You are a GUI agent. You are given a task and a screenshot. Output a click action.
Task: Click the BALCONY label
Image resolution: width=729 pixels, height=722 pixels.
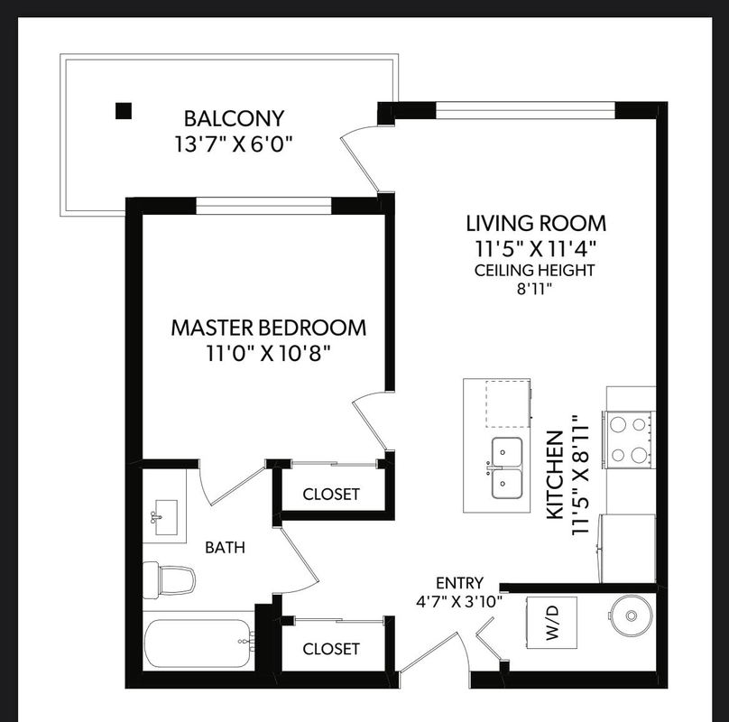tap(234, 118)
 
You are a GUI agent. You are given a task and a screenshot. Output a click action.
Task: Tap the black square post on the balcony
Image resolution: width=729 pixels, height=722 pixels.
tap(124, 111)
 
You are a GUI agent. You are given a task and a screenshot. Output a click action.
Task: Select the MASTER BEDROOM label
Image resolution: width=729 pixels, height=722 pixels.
tap(269, 328)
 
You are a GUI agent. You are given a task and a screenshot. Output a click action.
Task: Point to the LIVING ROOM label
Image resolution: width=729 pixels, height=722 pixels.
tap(536, 223)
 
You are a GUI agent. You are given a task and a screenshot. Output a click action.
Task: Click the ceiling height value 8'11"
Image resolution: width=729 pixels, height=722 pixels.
tap(534, 289)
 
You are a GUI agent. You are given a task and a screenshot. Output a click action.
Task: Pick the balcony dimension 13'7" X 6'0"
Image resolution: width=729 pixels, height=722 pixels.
tap(234, 144)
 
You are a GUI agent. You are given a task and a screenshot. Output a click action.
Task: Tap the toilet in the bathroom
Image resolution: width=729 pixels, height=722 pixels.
tap(169, 579)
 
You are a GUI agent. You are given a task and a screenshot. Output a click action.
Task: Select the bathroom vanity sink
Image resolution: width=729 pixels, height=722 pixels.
tap(165, 517)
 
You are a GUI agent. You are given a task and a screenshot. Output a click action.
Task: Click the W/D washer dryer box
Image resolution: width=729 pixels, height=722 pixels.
tap(551, 623)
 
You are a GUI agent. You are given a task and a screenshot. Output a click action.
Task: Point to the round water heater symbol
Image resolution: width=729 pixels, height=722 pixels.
tap(631, 616)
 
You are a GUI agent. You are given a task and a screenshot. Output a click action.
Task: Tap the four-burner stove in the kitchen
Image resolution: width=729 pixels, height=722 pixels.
tap(629, 440)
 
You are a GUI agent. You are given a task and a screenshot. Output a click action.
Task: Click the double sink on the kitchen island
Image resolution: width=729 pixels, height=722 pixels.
tap(507, 467)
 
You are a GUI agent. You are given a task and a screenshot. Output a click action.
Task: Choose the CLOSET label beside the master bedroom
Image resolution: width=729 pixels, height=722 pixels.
tap(331, 494)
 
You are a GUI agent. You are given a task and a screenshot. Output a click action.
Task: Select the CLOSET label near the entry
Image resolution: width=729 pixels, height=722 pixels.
tap(331, 649)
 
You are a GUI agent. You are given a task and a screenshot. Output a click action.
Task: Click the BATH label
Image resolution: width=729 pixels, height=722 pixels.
tap(225, 548)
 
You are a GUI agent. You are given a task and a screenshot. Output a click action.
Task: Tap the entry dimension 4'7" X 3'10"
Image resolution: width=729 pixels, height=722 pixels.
tap(459, 603)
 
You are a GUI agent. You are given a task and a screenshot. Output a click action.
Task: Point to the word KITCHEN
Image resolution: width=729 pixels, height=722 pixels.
tap(555, 475)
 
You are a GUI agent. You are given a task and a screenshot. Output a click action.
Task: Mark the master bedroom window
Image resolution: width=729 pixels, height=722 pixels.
tap(263, 205)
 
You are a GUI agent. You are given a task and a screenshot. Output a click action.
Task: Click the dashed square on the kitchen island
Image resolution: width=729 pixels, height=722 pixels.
tap(508, 403)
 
